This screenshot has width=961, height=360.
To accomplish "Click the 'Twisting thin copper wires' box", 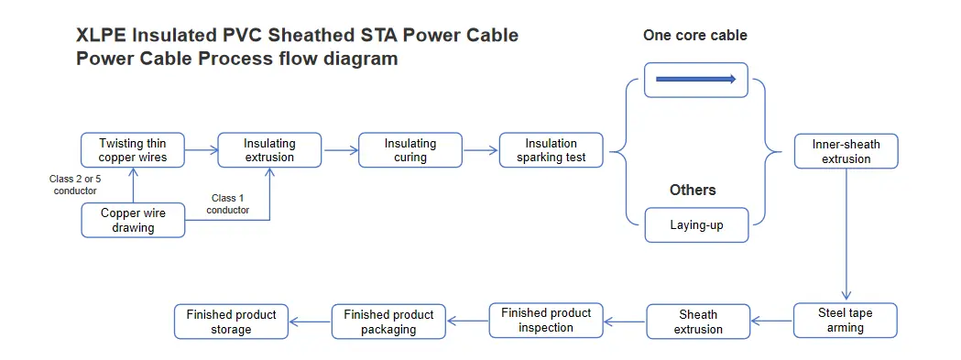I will [132, 150].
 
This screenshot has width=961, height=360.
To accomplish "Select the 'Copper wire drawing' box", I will [133, 220].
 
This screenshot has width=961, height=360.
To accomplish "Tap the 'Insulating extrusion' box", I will [269, 150].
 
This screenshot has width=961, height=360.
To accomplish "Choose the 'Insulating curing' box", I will [410, 150].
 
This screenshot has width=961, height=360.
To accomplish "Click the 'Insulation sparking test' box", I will [551, 150].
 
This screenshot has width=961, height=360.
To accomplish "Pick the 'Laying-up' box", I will [696, 224].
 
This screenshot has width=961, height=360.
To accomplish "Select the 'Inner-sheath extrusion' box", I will [846, 151].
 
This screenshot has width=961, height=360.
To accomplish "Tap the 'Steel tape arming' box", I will [845, 320].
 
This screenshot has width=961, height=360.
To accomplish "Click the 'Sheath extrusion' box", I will [698, 322].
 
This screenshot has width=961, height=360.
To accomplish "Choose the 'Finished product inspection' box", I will [546, 320].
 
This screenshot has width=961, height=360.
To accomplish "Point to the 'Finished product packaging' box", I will [388, 322].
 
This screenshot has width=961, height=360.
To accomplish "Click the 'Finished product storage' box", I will [231, 322].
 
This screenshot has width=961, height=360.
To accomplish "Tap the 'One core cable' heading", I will [695, 36].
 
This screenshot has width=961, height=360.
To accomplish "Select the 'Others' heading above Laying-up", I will [693, 190].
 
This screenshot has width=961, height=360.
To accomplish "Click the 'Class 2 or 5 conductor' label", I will [73, 184].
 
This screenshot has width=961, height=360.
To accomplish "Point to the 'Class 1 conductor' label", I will [227, 203].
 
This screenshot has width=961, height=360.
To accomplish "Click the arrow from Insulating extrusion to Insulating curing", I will [339, 149].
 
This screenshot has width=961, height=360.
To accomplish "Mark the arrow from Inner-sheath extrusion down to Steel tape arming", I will [846, 234].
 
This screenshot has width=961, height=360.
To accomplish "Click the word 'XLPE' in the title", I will [104, 36].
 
